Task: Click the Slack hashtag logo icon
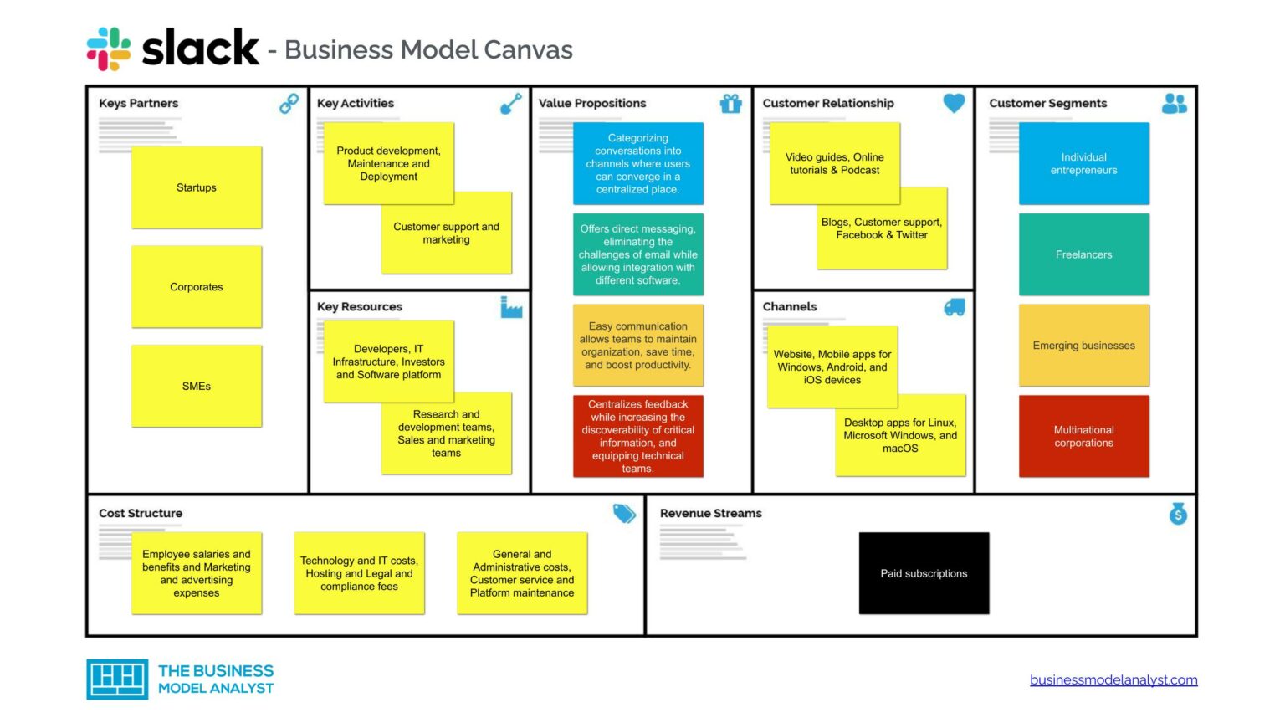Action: pos(109,49)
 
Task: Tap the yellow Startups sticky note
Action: pos(197,187)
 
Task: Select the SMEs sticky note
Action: pos(197,386)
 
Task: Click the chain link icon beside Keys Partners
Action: pos(289,104)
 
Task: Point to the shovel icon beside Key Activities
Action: pos(510,104)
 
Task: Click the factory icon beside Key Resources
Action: pos(511,308)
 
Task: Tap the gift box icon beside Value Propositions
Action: pos(731,104)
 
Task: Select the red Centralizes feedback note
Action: pos(637,436)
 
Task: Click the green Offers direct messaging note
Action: pos(637,254)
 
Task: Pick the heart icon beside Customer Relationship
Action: pos(954,103)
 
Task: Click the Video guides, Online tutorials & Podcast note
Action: pos(834,163)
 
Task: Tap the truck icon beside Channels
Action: pos(954,308)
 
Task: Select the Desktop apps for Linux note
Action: pos(900,435)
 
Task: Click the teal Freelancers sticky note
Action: pos(1083,254)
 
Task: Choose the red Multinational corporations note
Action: pos(1083,436)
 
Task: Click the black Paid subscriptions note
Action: pos(924,573)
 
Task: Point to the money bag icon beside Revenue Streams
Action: pos(1178,514)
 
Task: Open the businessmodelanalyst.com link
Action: pos(1113,679)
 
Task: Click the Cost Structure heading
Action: pos(141,513)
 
